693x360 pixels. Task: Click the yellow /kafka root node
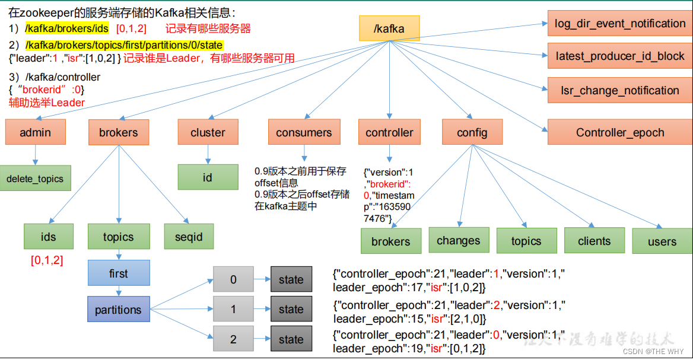(x=389, y=28)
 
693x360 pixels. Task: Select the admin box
(x=35, y=132)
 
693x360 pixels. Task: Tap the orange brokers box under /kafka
(x=119, y=132)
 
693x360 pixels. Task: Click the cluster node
(x=208, y=132)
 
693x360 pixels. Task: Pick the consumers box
(x=304, y=132)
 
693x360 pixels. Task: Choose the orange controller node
(x=389, y=132)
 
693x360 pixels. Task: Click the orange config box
(x=472, y=132)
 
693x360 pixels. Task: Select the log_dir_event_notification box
(x=620, y=24)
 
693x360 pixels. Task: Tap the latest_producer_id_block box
(x=620, y=56)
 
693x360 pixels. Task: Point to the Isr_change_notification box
(x=620, y=90)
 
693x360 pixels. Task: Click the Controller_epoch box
(x=620, y=132)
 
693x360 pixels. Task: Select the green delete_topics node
(x=35, y=179)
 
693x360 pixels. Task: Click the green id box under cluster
(x=208, y=177)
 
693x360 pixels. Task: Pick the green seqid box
(x=189, y=237)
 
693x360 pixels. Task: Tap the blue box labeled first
(x=118, y=273)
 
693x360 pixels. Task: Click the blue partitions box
(x=118, y=310)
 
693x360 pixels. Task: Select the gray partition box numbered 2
(x=233, y=339)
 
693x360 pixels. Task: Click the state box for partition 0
(x=291, y=279)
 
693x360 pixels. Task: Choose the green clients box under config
(x=594, y=240)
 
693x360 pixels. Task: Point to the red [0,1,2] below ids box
(x=47, y=260)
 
